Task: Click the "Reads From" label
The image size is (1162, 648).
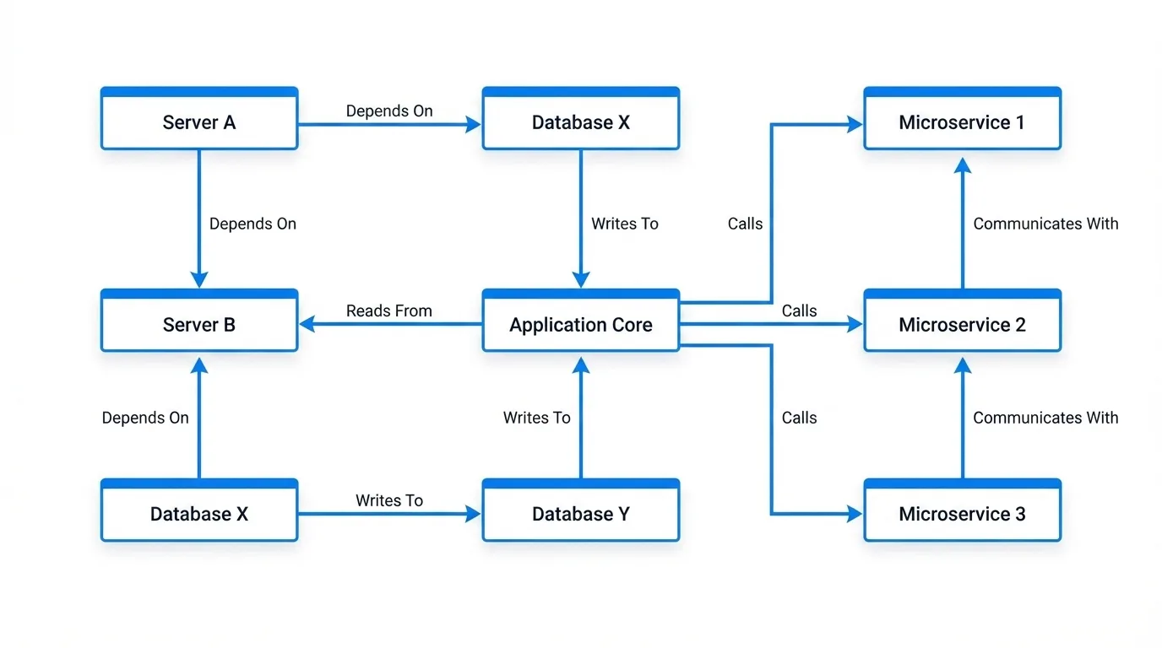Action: tap(388, 310)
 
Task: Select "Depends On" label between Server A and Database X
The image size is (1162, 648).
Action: tap(389, 111)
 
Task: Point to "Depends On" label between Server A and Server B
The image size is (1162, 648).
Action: tap(252, 224)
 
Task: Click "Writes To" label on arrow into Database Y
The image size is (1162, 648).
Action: tap(389, 500)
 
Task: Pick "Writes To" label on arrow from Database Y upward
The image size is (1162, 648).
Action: tap(536, 418)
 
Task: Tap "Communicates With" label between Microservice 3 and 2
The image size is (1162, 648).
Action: tap(1045, 418)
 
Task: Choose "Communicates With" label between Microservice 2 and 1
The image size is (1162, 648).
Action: tap(1045, 224)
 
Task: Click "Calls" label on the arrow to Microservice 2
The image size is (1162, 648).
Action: tap(799, 310)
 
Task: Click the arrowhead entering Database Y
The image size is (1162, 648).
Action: tap(474, 513)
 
